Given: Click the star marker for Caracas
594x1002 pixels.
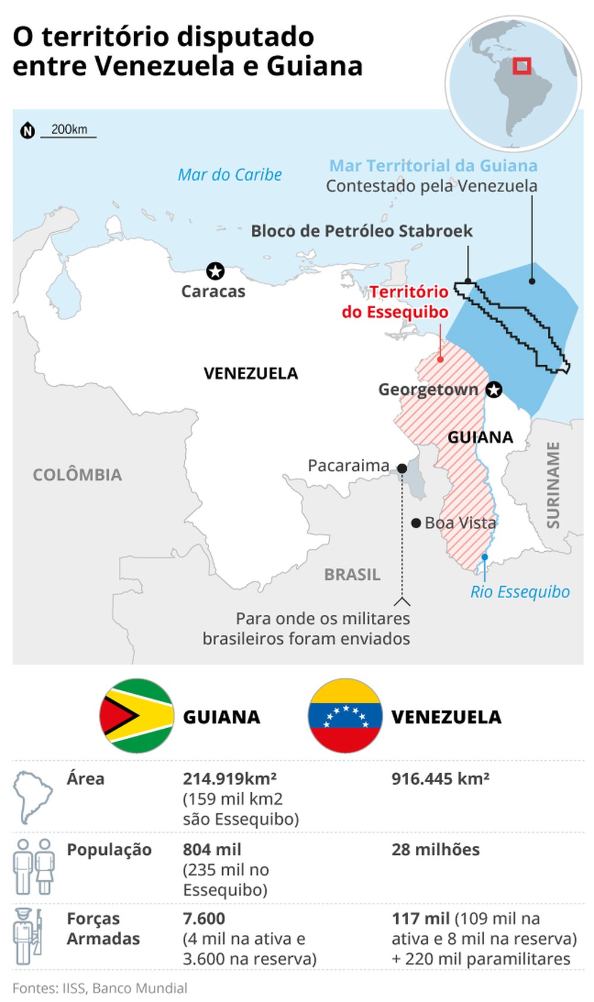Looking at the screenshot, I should click(x=215, y=271).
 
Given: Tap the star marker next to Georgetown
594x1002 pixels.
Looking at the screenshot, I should click(x=494, y=390).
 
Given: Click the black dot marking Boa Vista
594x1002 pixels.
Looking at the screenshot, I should click(x=416, y=523).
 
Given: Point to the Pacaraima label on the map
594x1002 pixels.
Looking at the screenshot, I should click(x=349, y=466).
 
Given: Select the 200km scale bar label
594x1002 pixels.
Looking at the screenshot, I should click(x=69, y=129).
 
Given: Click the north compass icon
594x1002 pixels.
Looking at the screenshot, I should click(x=27, y=131).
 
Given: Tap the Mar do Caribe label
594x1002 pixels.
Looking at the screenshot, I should click(x=230, y=175).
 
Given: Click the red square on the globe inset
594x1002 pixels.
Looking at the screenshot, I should click(x=522, y=66).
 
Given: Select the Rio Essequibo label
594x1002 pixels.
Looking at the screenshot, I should click(x=520, y=592).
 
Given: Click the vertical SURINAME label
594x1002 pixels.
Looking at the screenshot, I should click(x=553, y=485).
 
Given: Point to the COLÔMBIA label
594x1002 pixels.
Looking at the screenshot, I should click(x=77, y=475).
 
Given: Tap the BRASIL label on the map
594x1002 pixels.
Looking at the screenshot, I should click(x=352, y=574).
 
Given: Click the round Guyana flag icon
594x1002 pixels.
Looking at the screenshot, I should click(x=137, y=716).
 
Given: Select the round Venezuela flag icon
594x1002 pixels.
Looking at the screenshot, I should click(x=345, y=716).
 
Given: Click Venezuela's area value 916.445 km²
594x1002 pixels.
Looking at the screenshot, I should click(x=440, y=779).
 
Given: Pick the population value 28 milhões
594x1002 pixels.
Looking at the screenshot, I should click(x=435, y=849).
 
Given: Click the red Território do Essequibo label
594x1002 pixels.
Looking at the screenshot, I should click(x=395, y=302).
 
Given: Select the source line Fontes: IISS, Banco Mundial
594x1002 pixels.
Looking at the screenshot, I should click(x=100, y=988).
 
